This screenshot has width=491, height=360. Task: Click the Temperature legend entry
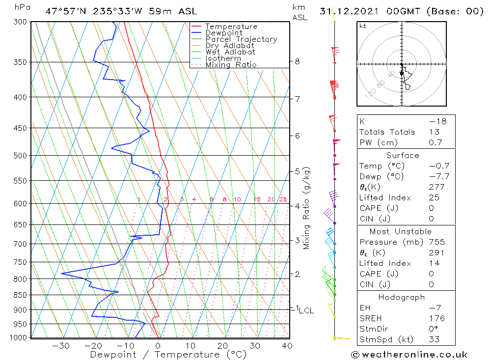click(x=231, y=27)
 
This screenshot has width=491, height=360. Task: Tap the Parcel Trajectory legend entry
click(x=241, y=39)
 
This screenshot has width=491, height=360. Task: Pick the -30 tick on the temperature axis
click(x=61, y=346)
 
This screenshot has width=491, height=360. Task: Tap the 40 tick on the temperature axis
click(x=287, y=346)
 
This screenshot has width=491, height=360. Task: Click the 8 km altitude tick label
click(x=297, y=61)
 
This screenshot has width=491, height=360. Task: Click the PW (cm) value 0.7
click(x=436, y=142)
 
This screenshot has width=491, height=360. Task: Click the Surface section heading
click(x=403, y=156)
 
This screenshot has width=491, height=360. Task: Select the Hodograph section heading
click(x=402, y=297)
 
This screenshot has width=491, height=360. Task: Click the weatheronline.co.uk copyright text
click(x=409, y=355)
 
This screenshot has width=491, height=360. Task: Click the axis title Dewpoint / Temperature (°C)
click(x=168, y=355)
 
